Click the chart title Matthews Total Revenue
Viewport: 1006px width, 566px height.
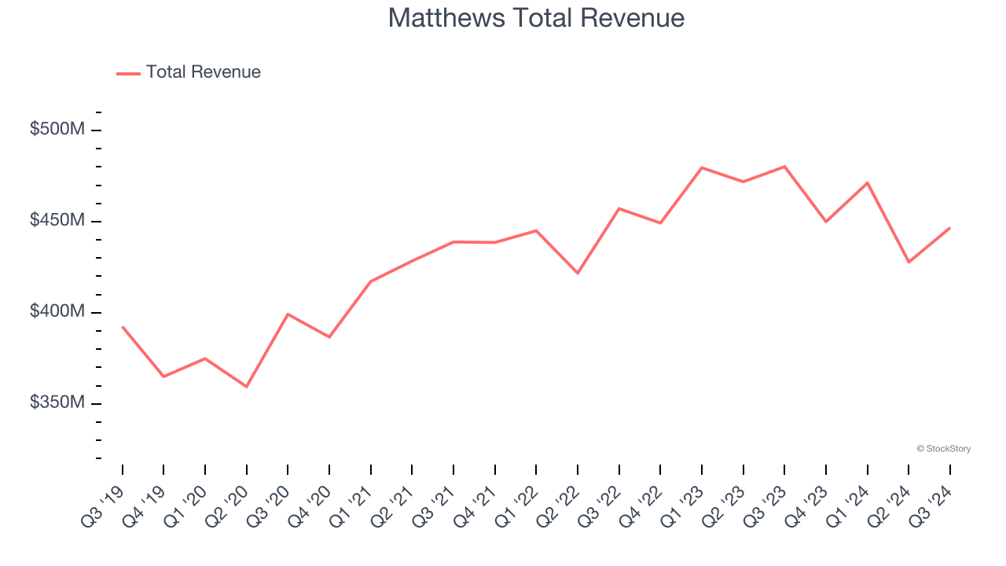[x=536, y=18]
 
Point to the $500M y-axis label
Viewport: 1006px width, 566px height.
[x=57, y=129]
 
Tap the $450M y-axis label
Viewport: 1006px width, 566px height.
[x=57, y=220]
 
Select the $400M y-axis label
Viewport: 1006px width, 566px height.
[x=57, y=311]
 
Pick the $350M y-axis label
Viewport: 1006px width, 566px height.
[x=57, y=402]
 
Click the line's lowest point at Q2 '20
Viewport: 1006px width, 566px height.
[x=247, y=387]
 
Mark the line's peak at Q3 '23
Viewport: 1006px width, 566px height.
[x=784, y=167]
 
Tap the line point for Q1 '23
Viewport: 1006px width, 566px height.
[x=702, y=167]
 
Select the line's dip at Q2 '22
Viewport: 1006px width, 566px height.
[x=578, y=273]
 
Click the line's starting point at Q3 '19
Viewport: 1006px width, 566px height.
[x=123, y=326]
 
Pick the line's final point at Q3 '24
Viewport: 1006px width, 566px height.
[x=950, y=228]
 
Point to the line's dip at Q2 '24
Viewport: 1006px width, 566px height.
[x=909, y=262]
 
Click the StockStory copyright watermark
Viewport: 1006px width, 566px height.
[x=944, y=449]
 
